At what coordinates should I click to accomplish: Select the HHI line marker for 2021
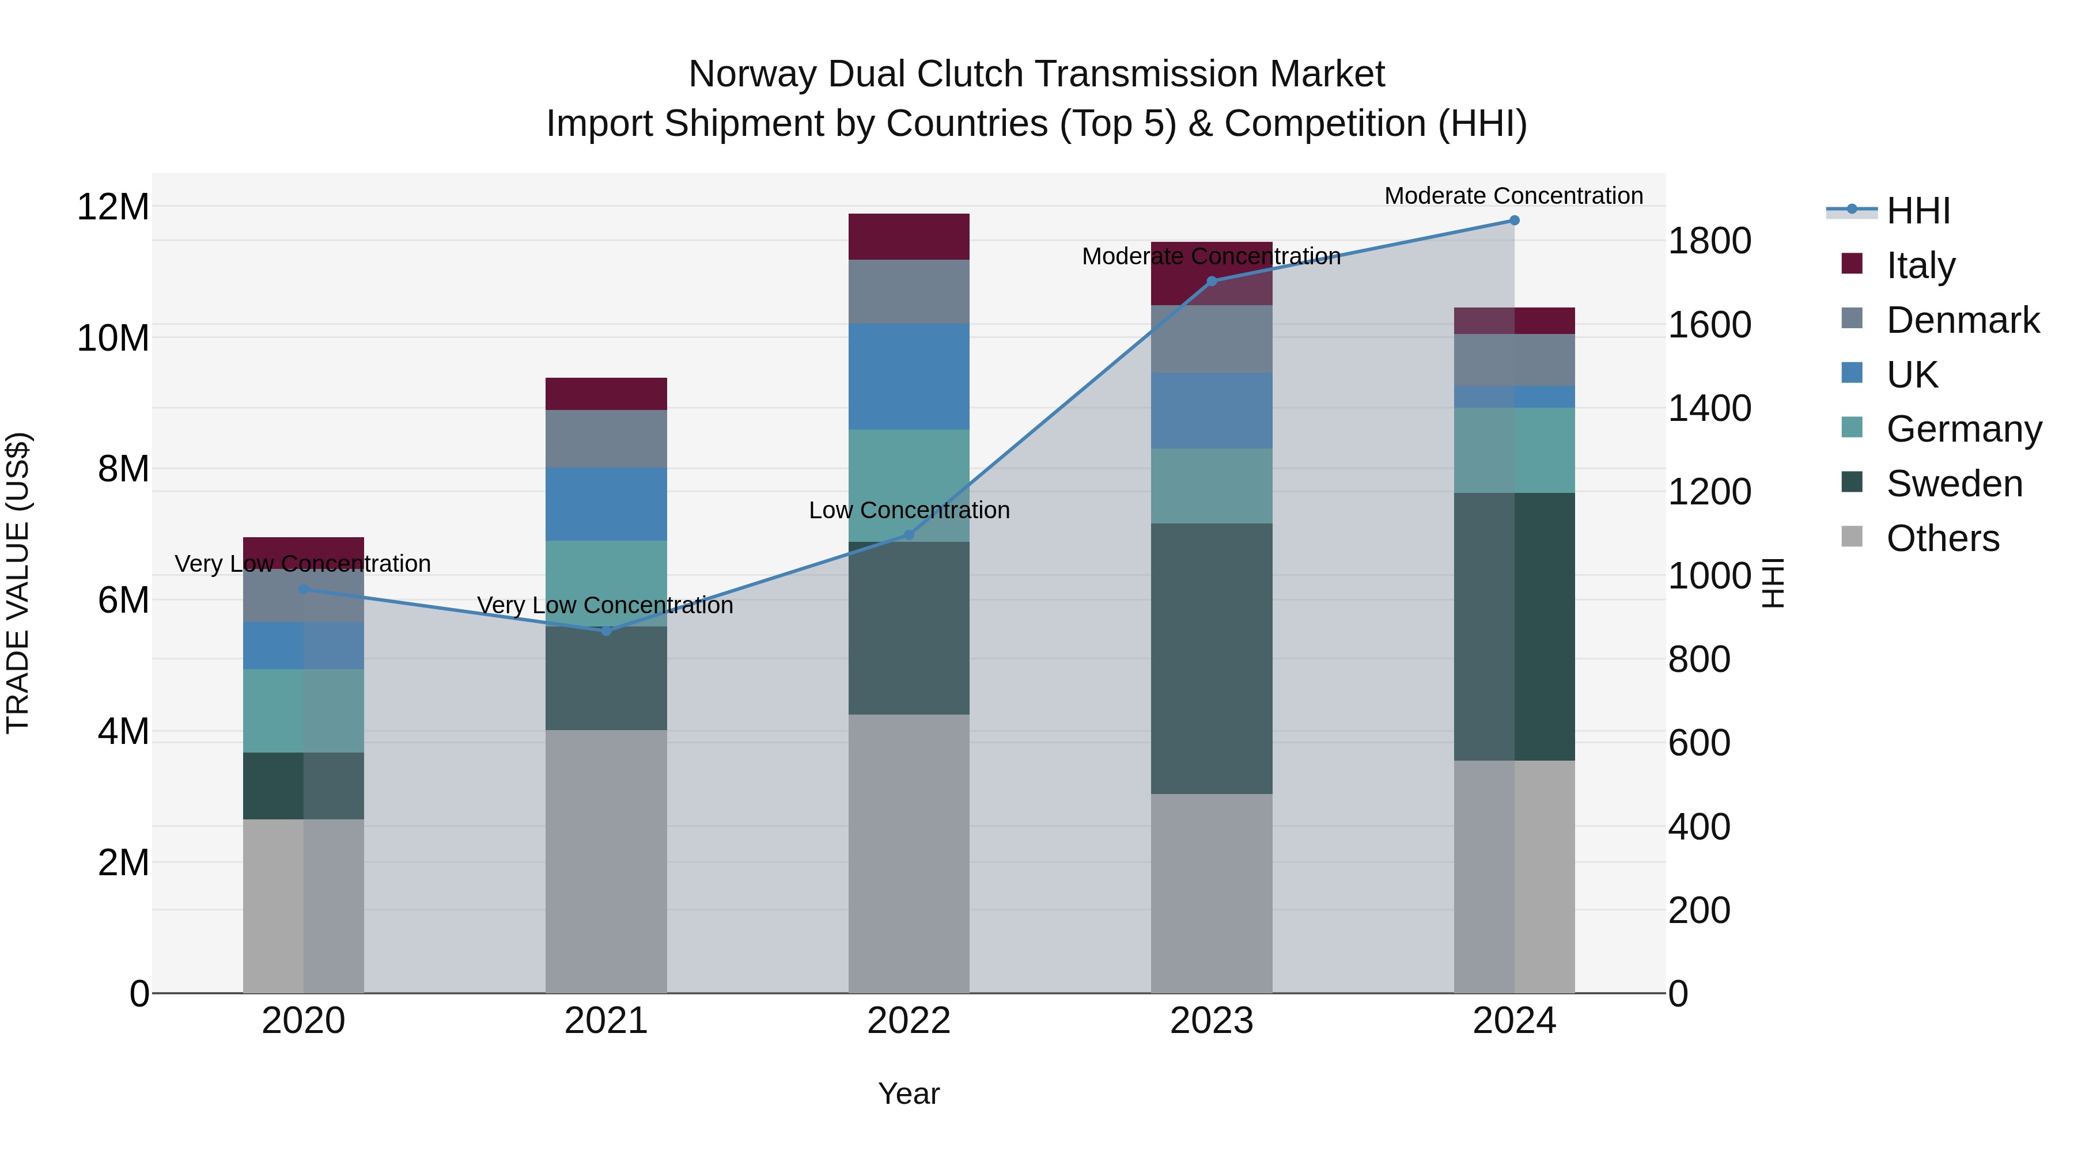tap(606, 631)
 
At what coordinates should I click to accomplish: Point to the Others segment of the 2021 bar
tap(606, 861)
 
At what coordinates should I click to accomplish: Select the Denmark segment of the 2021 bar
tap(606, 439)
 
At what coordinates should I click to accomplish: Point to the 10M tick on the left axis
tap(113, 338)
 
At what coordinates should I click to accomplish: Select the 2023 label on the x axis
tap(1211, 1021)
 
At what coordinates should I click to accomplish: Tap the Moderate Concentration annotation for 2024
tap(1513, 196)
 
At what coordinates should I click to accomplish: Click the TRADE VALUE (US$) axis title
tap(18, 583)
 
